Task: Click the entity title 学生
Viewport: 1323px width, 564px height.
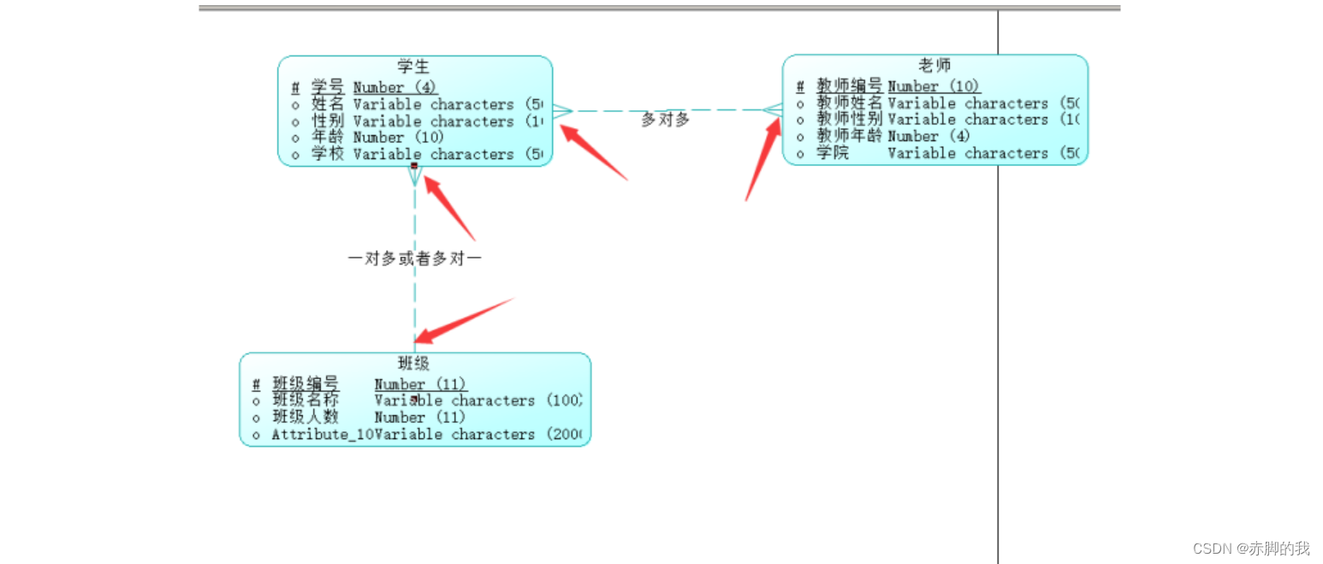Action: [x=414, y=66]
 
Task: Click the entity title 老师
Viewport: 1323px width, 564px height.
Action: [x=934, y=65]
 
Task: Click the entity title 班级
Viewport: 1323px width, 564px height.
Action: [x=414, y=364]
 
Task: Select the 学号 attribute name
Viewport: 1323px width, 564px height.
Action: [x=327, y=87]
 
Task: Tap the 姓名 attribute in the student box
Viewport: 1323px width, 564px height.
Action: [x=327, y=104]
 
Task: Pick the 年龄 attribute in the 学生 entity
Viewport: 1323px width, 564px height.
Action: [x=327, y=138]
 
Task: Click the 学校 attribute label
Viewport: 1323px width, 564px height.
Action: [x=327, y=154]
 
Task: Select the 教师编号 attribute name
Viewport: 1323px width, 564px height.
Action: [x=848, y=86]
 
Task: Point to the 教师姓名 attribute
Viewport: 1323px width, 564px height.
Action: [x=848, y=103]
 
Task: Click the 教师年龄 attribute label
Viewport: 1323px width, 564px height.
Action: [x=848, y=136]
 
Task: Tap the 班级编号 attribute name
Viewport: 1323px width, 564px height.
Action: [x=306, y=384]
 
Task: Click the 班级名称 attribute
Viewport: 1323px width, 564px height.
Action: [x=306, y=401]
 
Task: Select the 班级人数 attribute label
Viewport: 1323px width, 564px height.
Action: [x=306, y=418]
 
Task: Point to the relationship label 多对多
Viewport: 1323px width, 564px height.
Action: [x=665, y=120]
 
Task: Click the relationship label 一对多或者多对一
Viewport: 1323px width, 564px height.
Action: [x=414, y=258]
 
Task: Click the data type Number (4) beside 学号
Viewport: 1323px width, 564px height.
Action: [x=395, y=87]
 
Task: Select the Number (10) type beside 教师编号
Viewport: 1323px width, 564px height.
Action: [x=934, y=86]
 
